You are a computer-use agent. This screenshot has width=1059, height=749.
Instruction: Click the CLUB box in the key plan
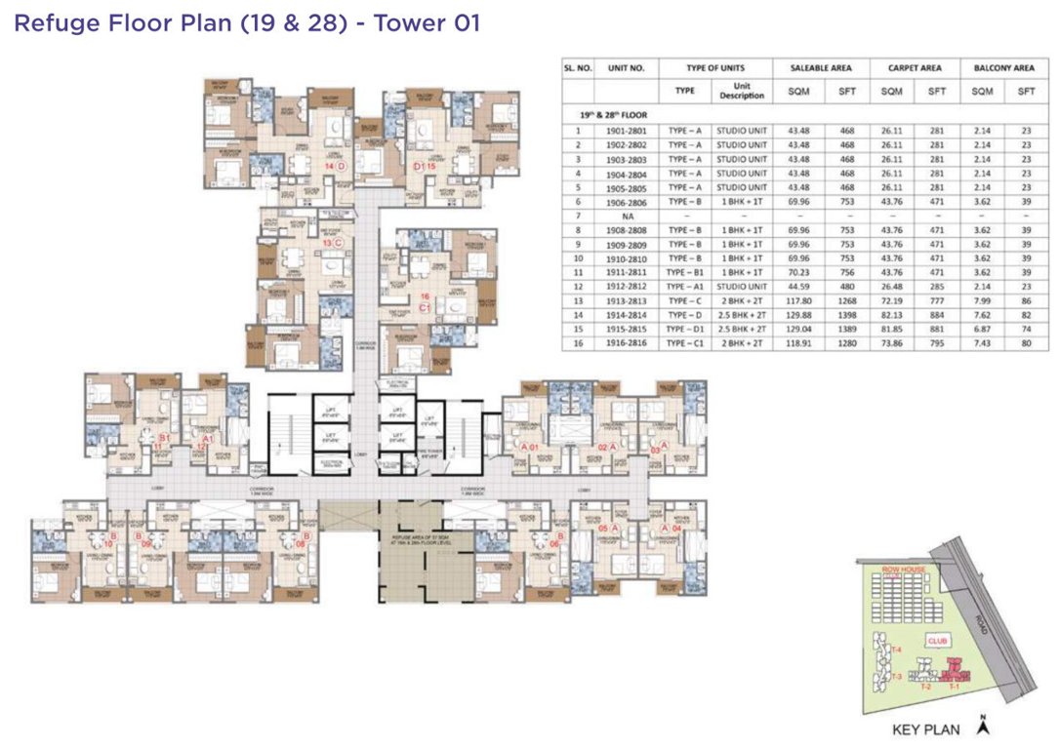click(x=938, y=642)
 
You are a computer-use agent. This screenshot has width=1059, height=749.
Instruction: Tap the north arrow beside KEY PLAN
click(x=985, y=726)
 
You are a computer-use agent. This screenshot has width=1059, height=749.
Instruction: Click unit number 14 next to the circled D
click(x=330, y=167)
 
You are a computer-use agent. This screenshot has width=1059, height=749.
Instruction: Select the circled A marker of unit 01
click(x=525, y=447)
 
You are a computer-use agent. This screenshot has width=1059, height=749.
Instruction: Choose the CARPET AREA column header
click(x=914, y=68)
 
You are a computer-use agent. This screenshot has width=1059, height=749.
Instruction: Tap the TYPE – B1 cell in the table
click(x=685, y=274)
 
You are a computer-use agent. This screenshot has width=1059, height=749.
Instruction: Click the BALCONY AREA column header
click(x=1003, y=68)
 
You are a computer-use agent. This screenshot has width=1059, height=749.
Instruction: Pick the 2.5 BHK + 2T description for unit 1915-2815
click(x=742, y=329)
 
